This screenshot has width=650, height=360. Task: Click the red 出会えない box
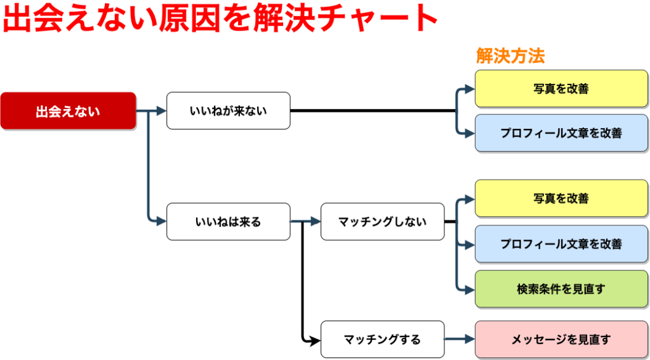point(69,110)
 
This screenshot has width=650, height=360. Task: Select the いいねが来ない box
point(229,110)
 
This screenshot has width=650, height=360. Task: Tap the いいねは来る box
point(229,222)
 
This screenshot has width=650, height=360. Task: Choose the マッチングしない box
point(383,222)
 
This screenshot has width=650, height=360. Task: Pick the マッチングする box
point(383,339)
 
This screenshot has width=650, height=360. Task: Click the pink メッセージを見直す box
point(561,339)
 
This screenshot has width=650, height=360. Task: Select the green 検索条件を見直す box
point(561,289)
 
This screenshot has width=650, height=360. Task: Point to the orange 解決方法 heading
point(510,56)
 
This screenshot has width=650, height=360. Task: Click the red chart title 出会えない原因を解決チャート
point(220,18)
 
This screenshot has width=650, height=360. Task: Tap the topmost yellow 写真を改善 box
point(561,88)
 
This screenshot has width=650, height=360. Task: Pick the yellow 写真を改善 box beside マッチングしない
point(561,198)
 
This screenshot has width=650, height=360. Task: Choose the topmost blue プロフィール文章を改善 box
point(561,133)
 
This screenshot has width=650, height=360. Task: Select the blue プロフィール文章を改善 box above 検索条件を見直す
point(561,244)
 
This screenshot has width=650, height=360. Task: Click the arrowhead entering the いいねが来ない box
point(162,110)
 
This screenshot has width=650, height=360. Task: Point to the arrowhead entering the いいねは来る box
point(162,222)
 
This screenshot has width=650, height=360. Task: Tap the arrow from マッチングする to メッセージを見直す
point(460,339)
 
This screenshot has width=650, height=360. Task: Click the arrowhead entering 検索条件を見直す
point(470,289)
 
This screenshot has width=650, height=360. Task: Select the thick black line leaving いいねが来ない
point(373,110)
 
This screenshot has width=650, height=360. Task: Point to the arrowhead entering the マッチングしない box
point(316,222)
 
